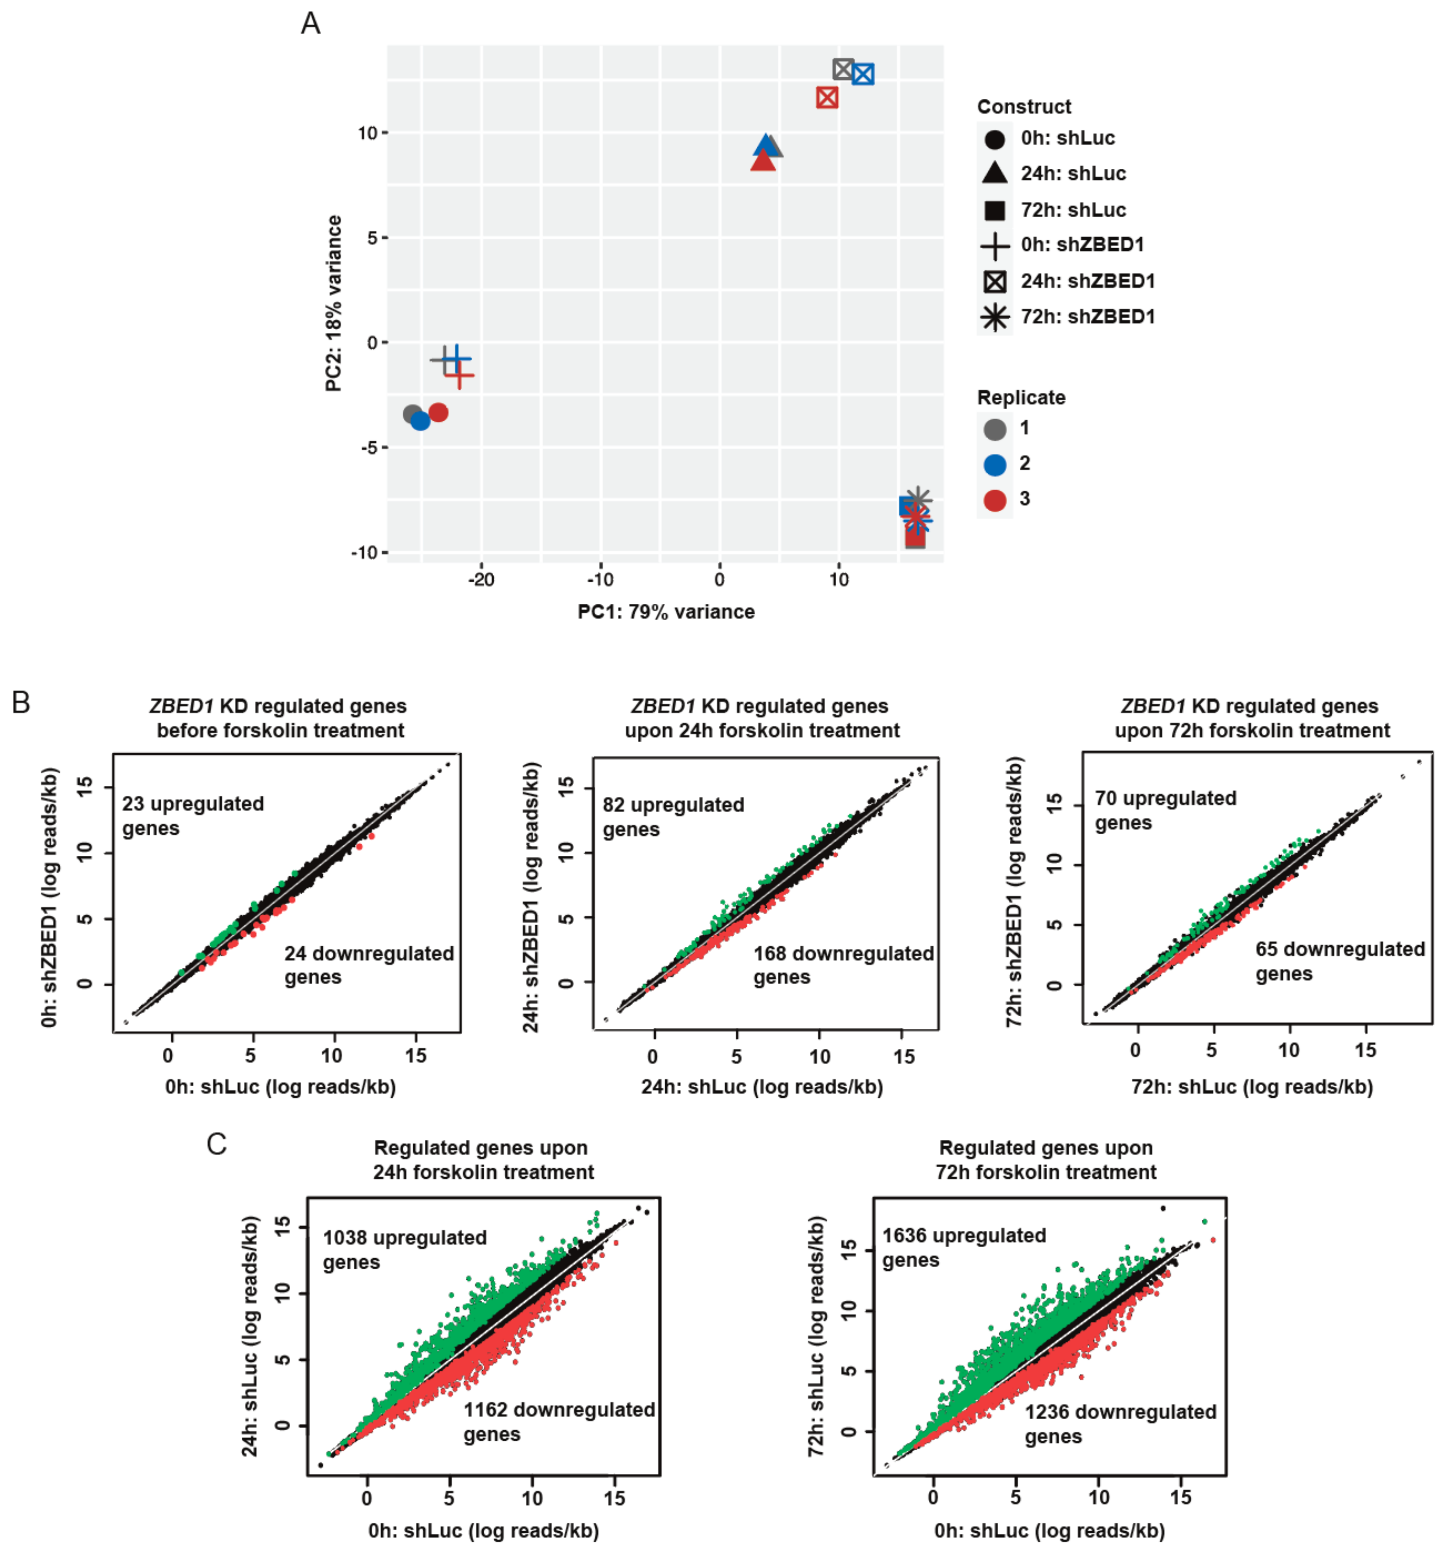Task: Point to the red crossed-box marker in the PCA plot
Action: (827, 98)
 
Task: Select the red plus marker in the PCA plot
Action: (459, 376)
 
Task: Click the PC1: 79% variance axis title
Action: (666, 612)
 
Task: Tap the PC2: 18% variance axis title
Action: (334, 303)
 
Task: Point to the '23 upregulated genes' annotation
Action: (192, 816)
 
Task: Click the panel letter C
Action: (217, 1144)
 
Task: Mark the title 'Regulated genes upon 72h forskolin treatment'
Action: (1045, 1160)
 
